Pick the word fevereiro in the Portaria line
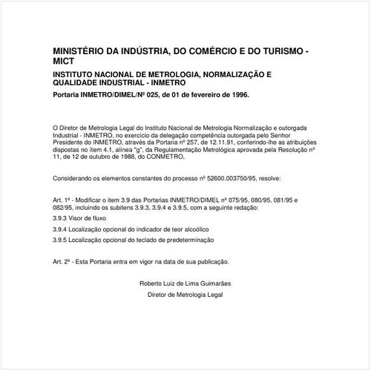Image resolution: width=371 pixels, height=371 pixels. [x=200, y=96]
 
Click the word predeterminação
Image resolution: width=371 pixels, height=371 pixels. [x=190, y=240]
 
